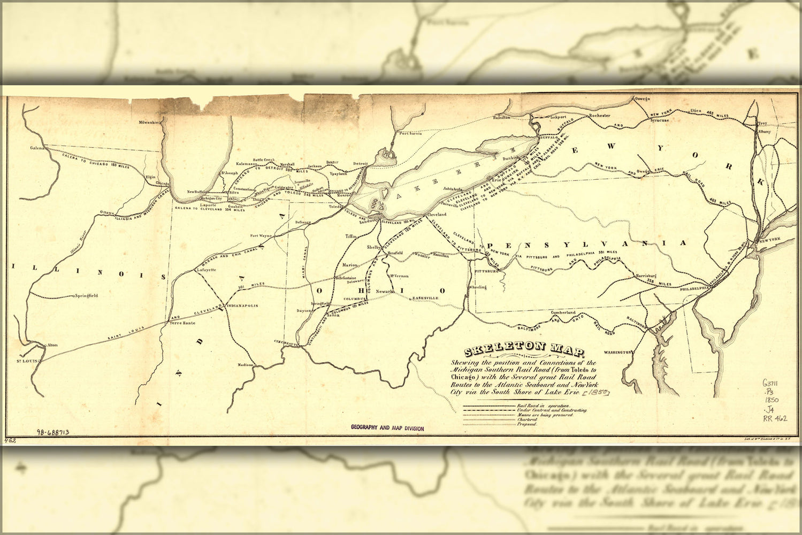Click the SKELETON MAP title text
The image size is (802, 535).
pos(524,351)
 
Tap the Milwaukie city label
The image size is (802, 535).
pos(149,123)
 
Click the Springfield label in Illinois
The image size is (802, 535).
pos(86,295)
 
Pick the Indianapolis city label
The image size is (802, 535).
pos(243,305)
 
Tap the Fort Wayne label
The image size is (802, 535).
pos(262,235)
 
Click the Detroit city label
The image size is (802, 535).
pos(361,163)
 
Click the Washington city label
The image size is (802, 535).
pos(618,353)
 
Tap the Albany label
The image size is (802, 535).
pos(765,131)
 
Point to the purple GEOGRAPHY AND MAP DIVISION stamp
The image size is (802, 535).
pos(387,428)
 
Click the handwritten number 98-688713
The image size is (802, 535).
pos(52,432)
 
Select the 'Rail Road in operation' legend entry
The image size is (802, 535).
pos(538,406)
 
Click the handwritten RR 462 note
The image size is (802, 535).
pos(774,419)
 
